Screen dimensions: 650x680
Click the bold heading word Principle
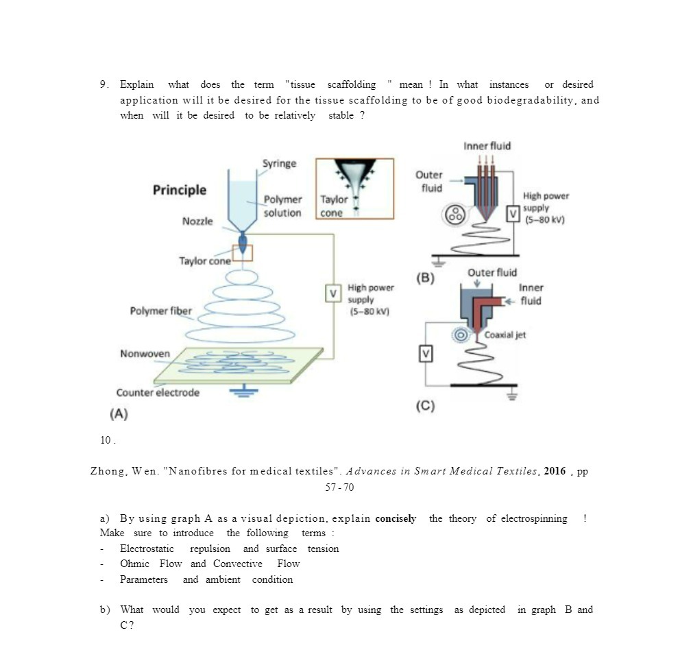pyautogui.click(x=179, y=190)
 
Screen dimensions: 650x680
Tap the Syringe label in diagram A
pyautogui.click(x=279, y=163)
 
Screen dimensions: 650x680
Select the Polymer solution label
pyautogui.click(x=282, y=206)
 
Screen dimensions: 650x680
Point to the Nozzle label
pyautogui.click(x=197, y=221)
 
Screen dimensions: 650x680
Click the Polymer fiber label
pyautogui.click(x=161, y=311)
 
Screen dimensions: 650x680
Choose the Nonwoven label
pyautogui.click(x=145, y=354)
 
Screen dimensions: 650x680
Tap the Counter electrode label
pyautogui.click(x=158, y=393)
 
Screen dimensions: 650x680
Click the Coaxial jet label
pyautogui.click(x=505, y=335)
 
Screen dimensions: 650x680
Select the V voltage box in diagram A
pyautogui.click(x=334, y=293)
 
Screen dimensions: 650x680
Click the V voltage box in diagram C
pyautogui.click(x=426, y=354)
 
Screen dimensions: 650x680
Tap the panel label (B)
pyautogui.click(x=426, y=278)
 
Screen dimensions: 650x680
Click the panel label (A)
pyautogui.click(x=119, y=414)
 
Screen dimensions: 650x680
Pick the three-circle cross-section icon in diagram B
pyautogui.click(x=454, y=215)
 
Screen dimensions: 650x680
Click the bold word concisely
pyautogui.click(x=396, y=518)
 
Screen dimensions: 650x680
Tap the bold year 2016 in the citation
pyautogui.click(x=555, y=471)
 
